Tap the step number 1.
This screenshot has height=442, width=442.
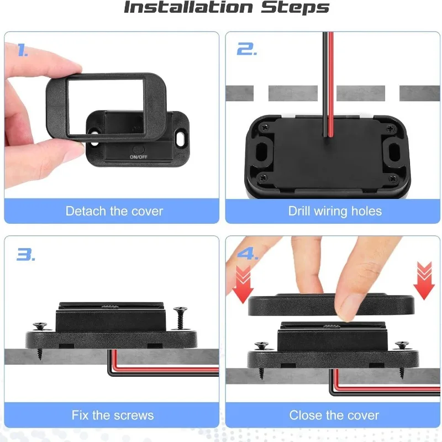(23, 51)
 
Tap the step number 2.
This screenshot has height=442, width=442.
(246, 50)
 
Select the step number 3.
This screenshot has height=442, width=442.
(25, 255)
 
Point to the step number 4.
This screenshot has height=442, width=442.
(248, 255)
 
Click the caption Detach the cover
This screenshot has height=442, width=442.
(114, 211)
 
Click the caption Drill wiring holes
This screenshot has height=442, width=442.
(335, 211)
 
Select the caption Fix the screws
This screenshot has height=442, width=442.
(113, 415)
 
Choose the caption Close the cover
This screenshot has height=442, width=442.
(334, 415)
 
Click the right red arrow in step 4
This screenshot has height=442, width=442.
(424, 280)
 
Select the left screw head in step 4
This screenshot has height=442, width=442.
(261, 345)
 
